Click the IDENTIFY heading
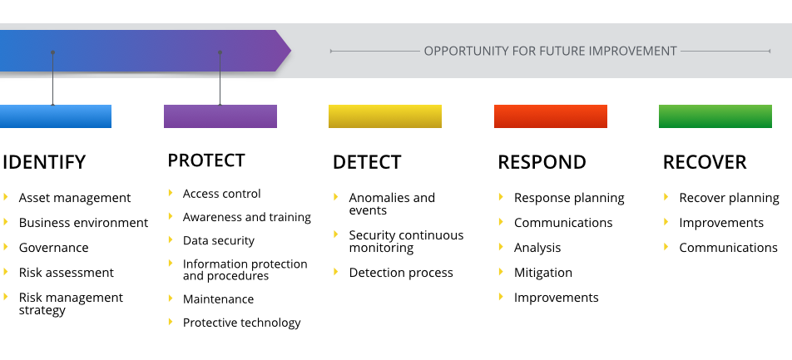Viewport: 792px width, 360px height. pos(44,162)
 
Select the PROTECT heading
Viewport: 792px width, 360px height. pos(206,160)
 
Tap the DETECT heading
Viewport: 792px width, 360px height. pos(367,162)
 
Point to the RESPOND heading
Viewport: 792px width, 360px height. pos(542,162)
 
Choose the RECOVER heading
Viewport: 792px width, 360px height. pos(705,162)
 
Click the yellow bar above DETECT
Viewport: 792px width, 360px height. pos(385,116)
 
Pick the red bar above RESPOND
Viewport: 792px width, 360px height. pos(550,116)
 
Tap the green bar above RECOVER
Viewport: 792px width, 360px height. pos(715,116)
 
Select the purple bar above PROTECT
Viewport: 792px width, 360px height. pos(220,116)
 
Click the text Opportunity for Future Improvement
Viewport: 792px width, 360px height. pos(550,51)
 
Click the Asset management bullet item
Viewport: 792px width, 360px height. pos(75,198)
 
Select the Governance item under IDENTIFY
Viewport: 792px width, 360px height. pos(53,248)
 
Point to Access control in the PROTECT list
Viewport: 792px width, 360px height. pos(221,194)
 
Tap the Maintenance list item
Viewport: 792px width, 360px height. pos(218,299)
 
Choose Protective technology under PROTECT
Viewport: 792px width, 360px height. pos(241,323)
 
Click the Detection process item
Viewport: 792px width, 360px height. pos(401,273)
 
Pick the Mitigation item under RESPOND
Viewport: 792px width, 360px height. pos(542,273)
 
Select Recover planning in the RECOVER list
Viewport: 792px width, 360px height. pos(729,198)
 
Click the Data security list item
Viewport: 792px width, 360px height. pos(219,240)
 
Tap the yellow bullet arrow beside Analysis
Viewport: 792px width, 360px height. pos(501,247)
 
